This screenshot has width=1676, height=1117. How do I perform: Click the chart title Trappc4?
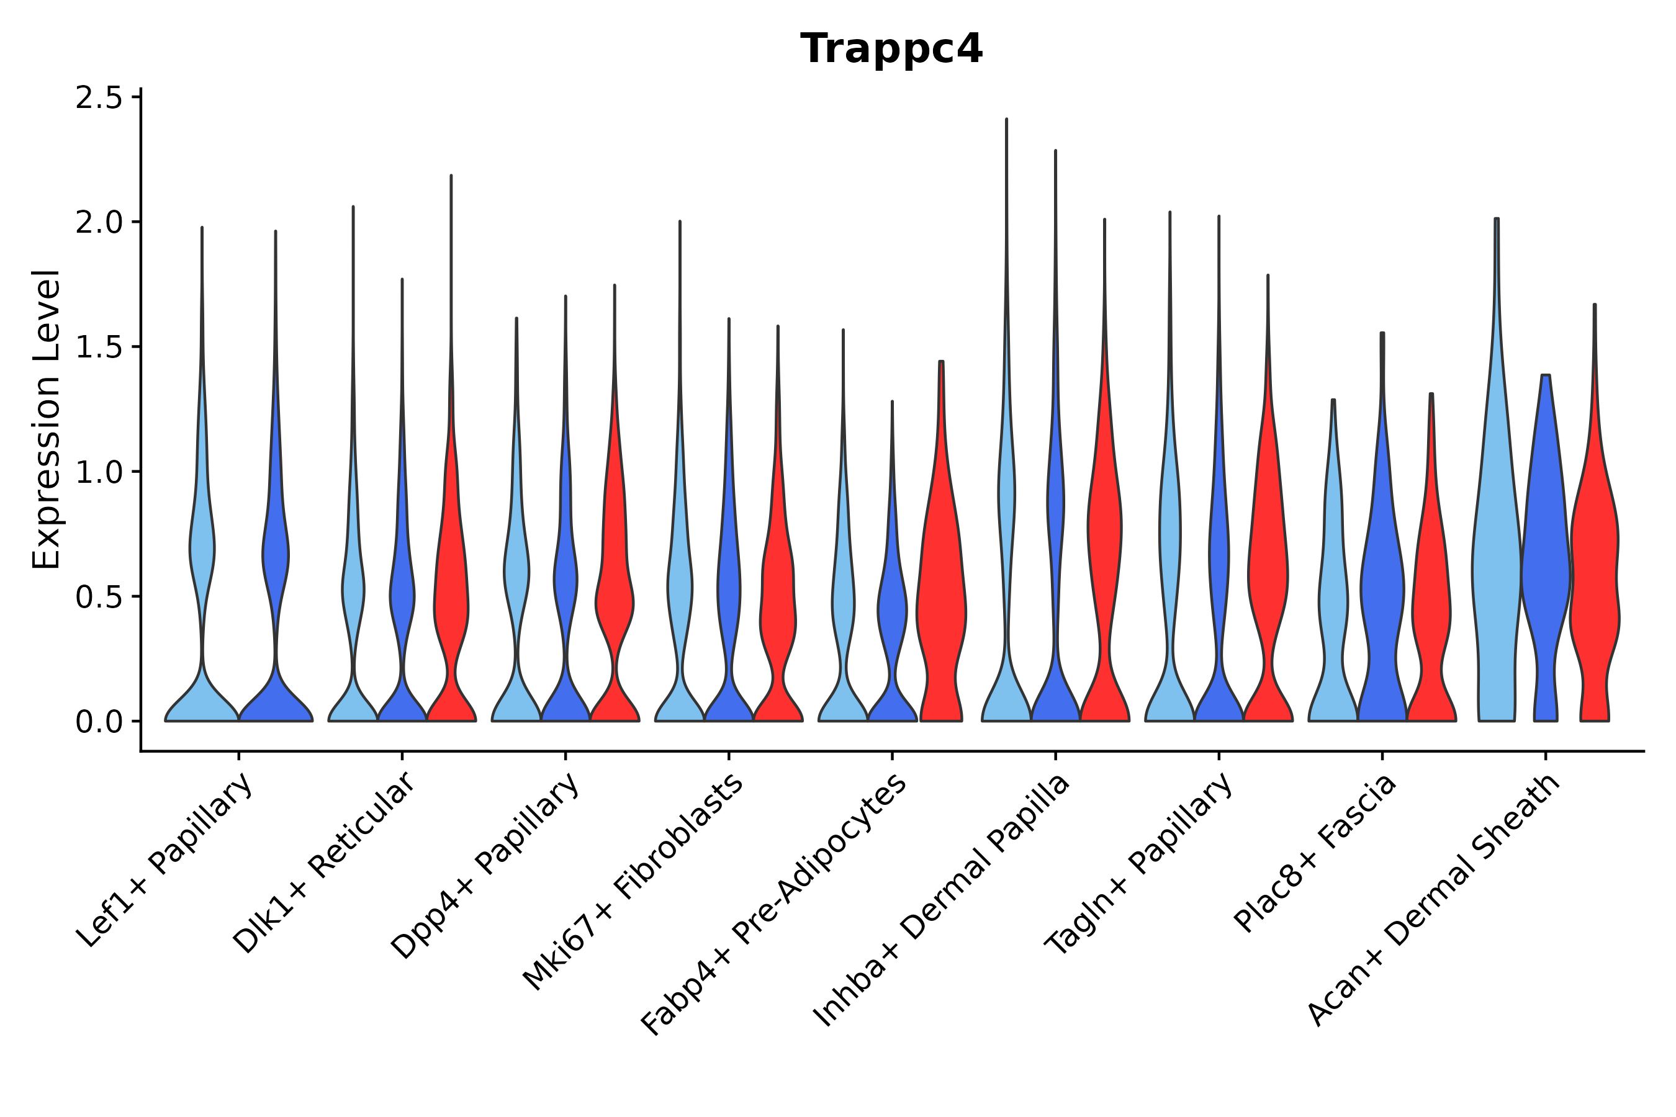click(891, 49)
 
